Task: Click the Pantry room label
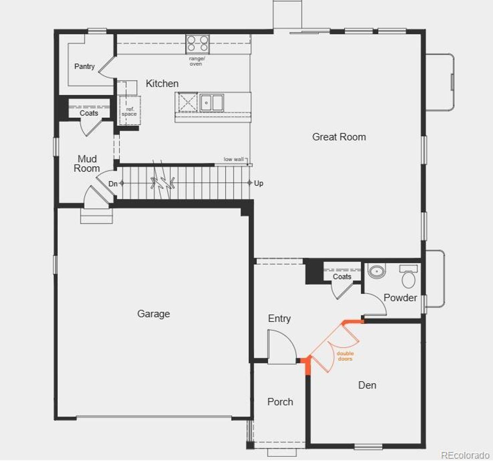pyautogui.click(x=84, y=67)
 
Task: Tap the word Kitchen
pyautogui.click(x=162, y=84)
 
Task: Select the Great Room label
pyautogui.click(x=339, y=137)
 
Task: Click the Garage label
pyautogui.click(x=153, y=314)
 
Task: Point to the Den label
pyautogui.click(x=367, y=385)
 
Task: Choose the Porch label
pyautogui.click(x=280, y=402)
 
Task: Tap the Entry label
pyautogui.click(x=279, y=319)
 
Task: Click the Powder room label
pyautogui.click(x=400, y=298)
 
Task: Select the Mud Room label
pyautogui.click(x=87, y=164)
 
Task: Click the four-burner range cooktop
pyautogui.click(x=198, y=44)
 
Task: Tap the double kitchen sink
pyautogui.click(x=211, y=102)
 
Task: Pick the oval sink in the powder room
pyautogui.click(x=376, y=271)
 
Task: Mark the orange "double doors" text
pyautogui.click(x=345, y=356)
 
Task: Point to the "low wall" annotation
pyautogui.click(x=234, y=159)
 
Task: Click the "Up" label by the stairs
pyautogui.click(x=258, y=183)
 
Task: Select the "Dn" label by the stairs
pyautogui.click(x=113, y=184)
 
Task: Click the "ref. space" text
pyautogui.click(x=129, y=112)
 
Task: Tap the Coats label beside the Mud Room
pyautogui.click(x=89, y=113)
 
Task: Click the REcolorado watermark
pyautogui.click(x=465, y=455)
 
